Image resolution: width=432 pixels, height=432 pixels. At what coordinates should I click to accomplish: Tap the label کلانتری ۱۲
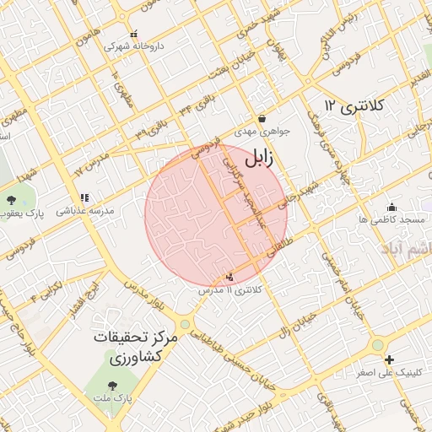(x=354, y=105)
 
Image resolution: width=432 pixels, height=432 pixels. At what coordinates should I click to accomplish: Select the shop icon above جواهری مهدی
(x=262, y=119)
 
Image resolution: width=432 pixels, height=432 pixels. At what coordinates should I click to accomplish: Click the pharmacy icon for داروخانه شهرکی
(x=134, y=35)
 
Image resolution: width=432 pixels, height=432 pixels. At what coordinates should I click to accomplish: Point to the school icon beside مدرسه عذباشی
(x=84, y=198)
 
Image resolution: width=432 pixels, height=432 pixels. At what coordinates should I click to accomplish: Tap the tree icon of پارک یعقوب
(x=11, y=200)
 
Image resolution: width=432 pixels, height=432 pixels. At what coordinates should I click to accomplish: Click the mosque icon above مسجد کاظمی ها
(x=391, y=207)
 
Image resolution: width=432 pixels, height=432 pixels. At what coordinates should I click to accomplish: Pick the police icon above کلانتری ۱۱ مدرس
(x=230, y=276)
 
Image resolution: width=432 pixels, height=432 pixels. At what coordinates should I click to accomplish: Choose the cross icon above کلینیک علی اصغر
(x=377, y=345)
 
